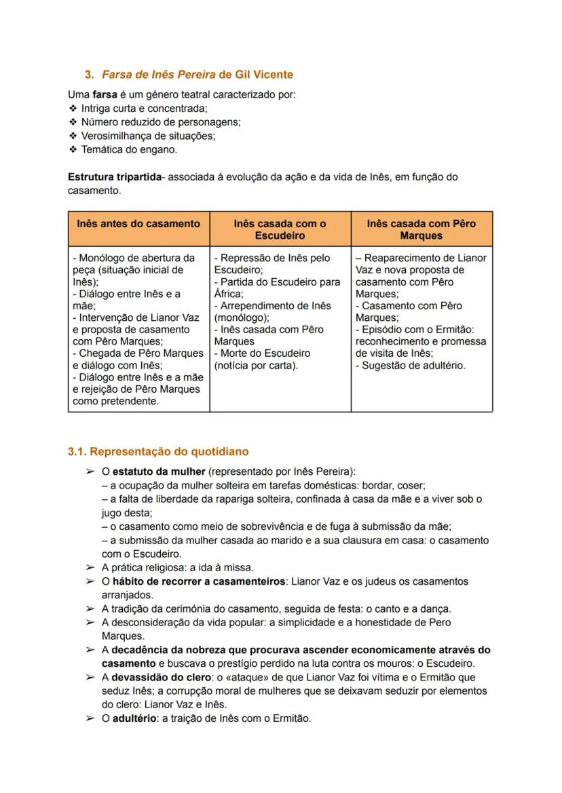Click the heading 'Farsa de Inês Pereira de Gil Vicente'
click(x=197, y=74)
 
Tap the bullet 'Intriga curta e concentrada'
click(x=144, y=108)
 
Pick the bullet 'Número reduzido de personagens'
click(x=160, y=122)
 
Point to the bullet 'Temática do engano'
click(x=129, y=149)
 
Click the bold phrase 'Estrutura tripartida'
click(x=115, y=177)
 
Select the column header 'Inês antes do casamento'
click(x=138, y=223)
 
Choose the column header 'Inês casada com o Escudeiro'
click(x=280, y=229)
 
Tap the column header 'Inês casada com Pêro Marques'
click(x=421, y=229)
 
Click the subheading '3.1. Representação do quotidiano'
click(x=158, y=451)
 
